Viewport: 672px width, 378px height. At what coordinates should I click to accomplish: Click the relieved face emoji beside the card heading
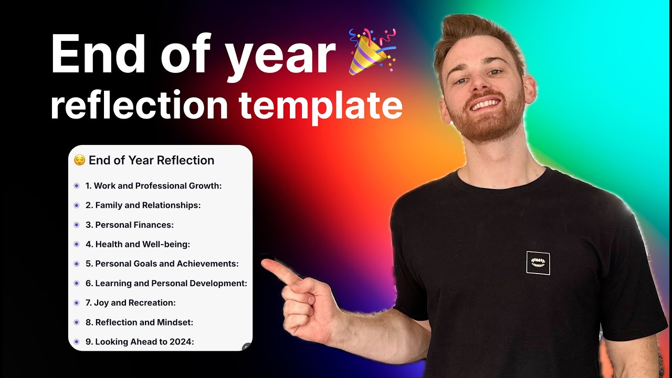79,160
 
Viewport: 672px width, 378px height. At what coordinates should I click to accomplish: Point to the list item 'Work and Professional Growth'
153,186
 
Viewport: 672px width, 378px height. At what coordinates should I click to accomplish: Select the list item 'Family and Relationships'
143,205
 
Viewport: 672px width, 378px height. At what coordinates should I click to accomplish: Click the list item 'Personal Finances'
129,225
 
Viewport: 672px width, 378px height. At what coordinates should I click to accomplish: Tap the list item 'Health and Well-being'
138,244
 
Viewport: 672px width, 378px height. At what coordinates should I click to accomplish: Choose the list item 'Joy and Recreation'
130,303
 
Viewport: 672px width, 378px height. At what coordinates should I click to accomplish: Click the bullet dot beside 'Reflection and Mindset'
77,322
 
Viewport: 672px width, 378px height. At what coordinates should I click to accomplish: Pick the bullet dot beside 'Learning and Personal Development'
77,283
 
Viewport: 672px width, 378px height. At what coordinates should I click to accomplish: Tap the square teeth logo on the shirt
538,262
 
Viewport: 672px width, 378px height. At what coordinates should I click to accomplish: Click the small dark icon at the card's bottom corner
247,347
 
